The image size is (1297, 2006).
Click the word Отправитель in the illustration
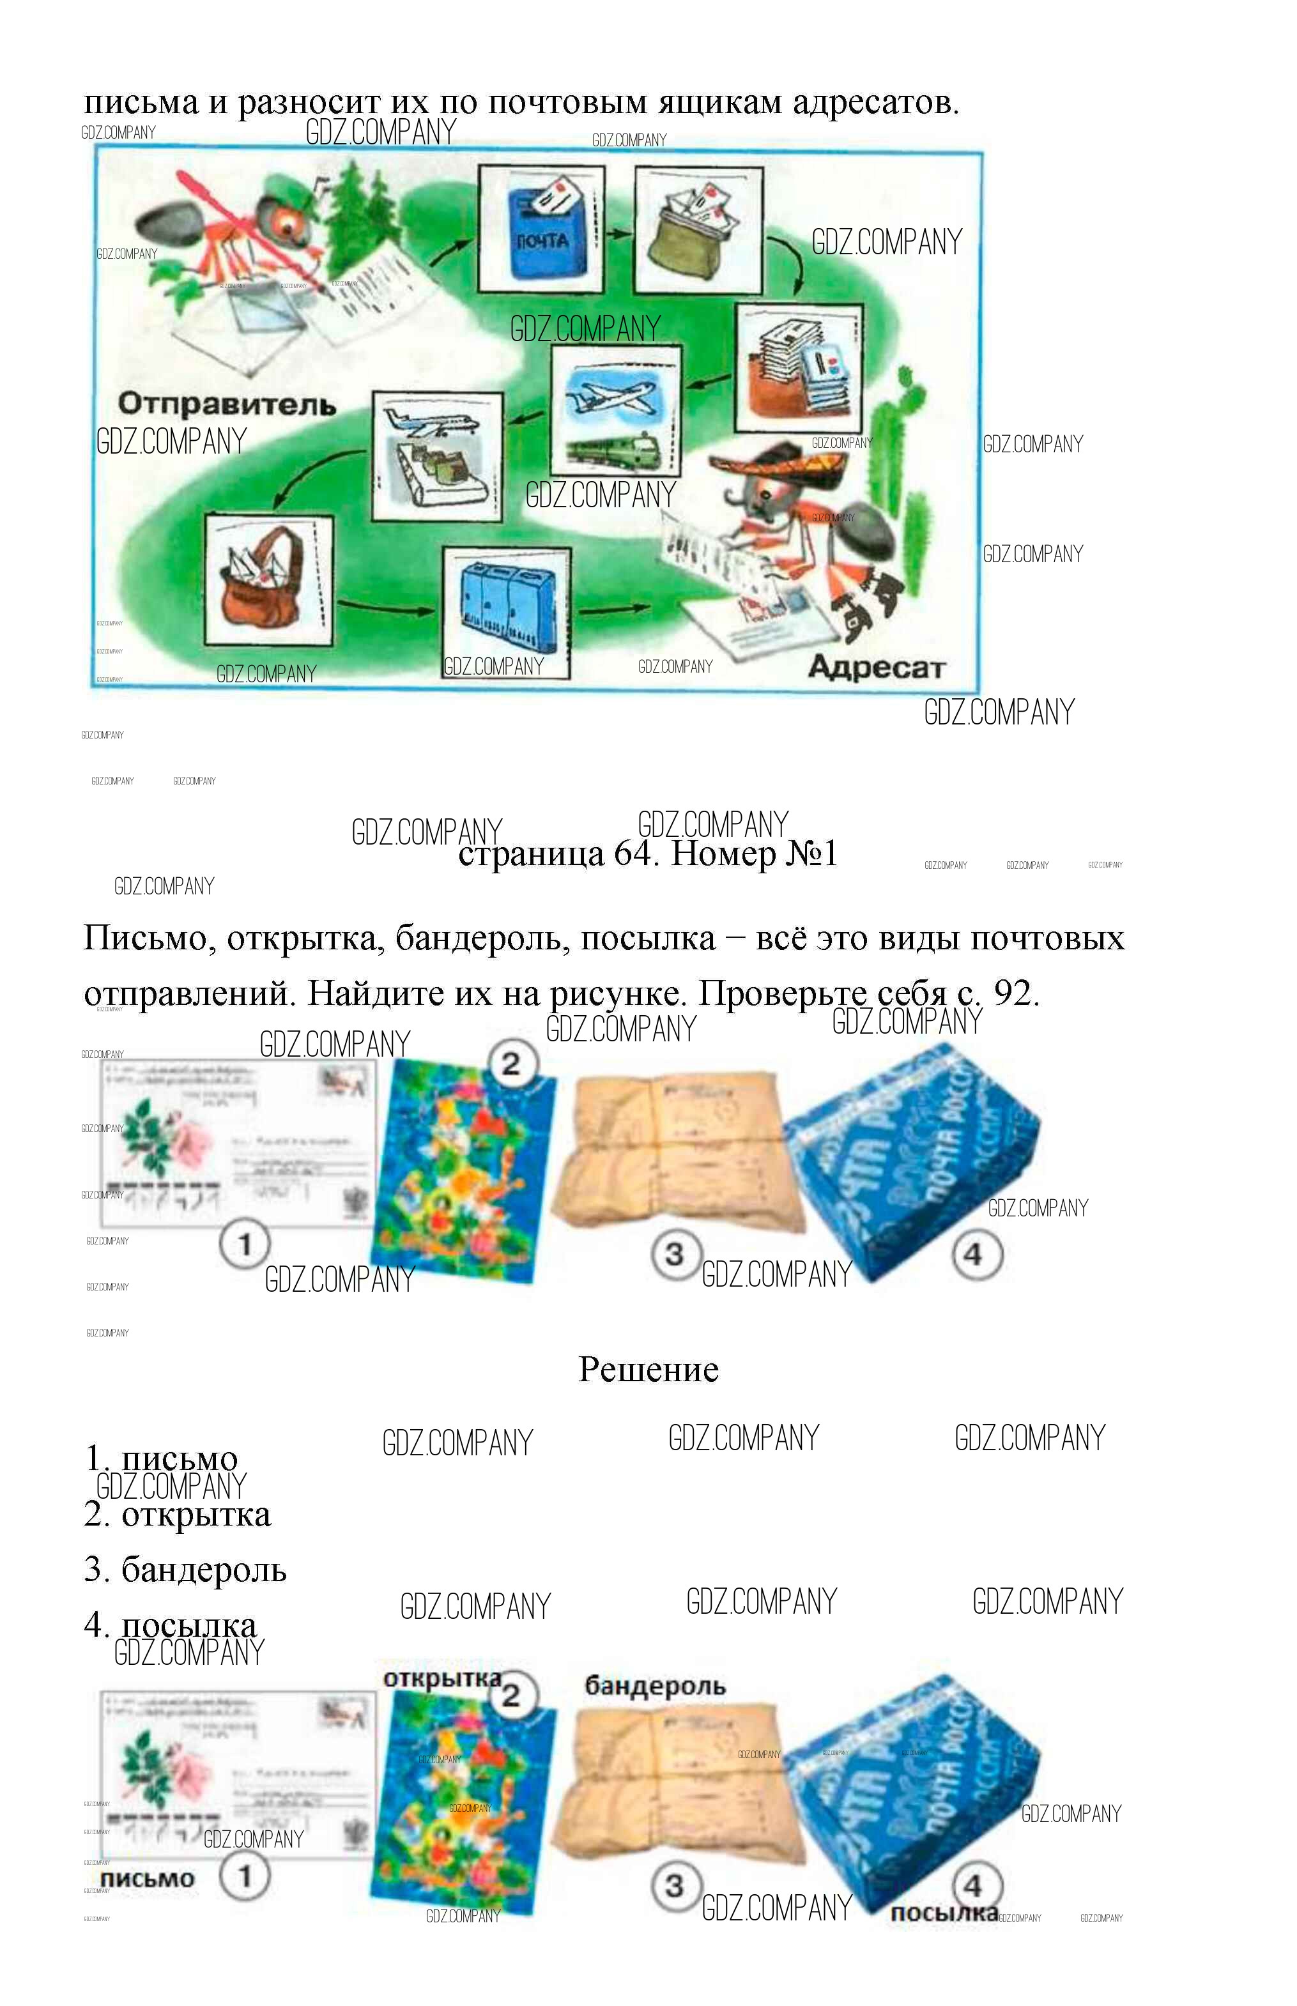(x=227, y=404)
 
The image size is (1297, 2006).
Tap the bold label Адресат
(x=876, y=667)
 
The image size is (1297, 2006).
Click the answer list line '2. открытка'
(x=178, y=1514)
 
